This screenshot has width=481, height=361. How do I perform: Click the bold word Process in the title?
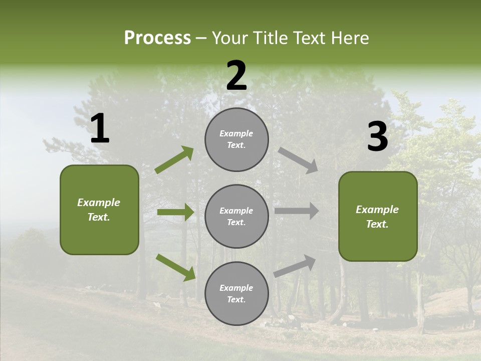click(x=157, y=38)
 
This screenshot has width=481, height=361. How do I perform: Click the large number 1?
click(x=100, y=129)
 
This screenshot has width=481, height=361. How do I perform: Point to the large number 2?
click(x=236, y=76)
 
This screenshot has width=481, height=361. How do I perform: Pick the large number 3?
click(x=377, y=137)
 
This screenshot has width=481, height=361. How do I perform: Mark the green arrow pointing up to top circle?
click(x=174, y=160)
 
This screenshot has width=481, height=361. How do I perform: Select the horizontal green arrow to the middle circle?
click(x=175, y=212)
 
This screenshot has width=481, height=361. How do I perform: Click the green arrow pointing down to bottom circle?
click(x=175, y=267)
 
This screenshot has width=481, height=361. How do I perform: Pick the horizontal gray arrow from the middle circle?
click(x=297, y=211)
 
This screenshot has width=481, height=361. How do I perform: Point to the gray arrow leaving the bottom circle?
click(x=295, y=266)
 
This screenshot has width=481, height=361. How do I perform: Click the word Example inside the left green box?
click(x=99, y=203)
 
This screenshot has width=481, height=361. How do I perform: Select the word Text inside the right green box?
click(x=376, y=224)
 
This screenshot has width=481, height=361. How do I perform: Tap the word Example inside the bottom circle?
click(x=236, y=288)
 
